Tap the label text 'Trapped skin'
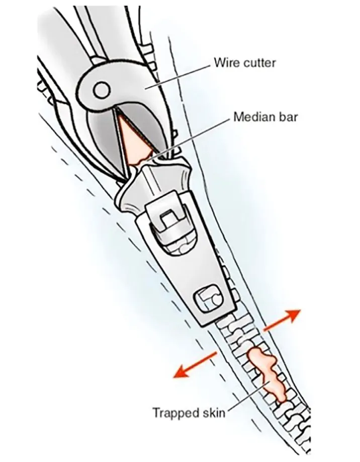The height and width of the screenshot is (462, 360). pos(189,413)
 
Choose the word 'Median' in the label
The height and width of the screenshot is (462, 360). pos(249,118)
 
